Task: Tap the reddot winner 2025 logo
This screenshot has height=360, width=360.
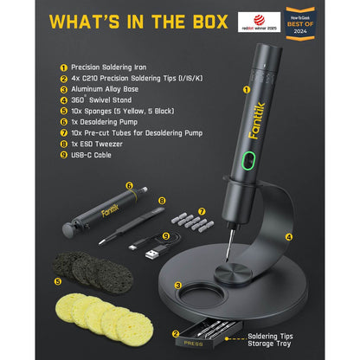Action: pos(259,21)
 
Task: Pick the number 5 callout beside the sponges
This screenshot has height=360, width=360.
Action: pos(58,281)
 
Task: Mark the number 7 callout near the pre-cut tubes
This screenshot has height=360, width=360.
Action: pos(201,211)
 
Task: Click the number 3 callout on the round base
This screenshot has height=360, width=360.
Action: pos(177,285)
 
